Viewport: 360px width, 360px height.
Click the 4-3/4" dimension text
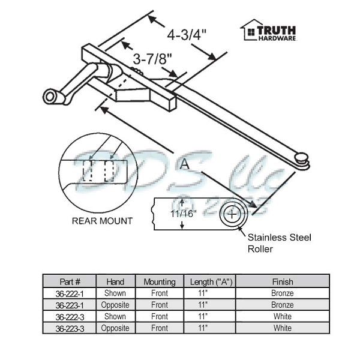[x=187, y=34]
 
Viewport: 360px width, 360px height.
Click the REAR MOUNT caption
[x=102, y=221]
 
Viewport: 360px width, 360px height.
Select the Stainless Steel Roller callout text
[x=279, y=243]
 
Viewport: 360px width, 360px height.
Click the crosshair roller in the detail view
[x=233, y=214]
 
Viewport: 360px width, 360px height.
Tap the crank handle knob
[x=49, y=96]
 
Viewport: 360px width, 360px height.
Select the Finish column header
[x=282, y=281]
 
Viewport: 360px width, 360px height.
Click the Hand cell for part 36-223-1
[x=115, y=305]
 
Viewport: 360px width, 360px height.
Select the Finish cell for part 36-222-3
[x=282, y=316]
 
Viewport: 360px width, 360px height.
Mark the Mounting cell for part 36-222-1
[x=159, y=293]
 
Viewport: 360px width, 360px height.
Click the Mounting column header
[x=159, y=281]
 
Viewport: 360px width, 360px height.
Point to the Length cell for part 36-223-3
[x=206, y=328]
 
